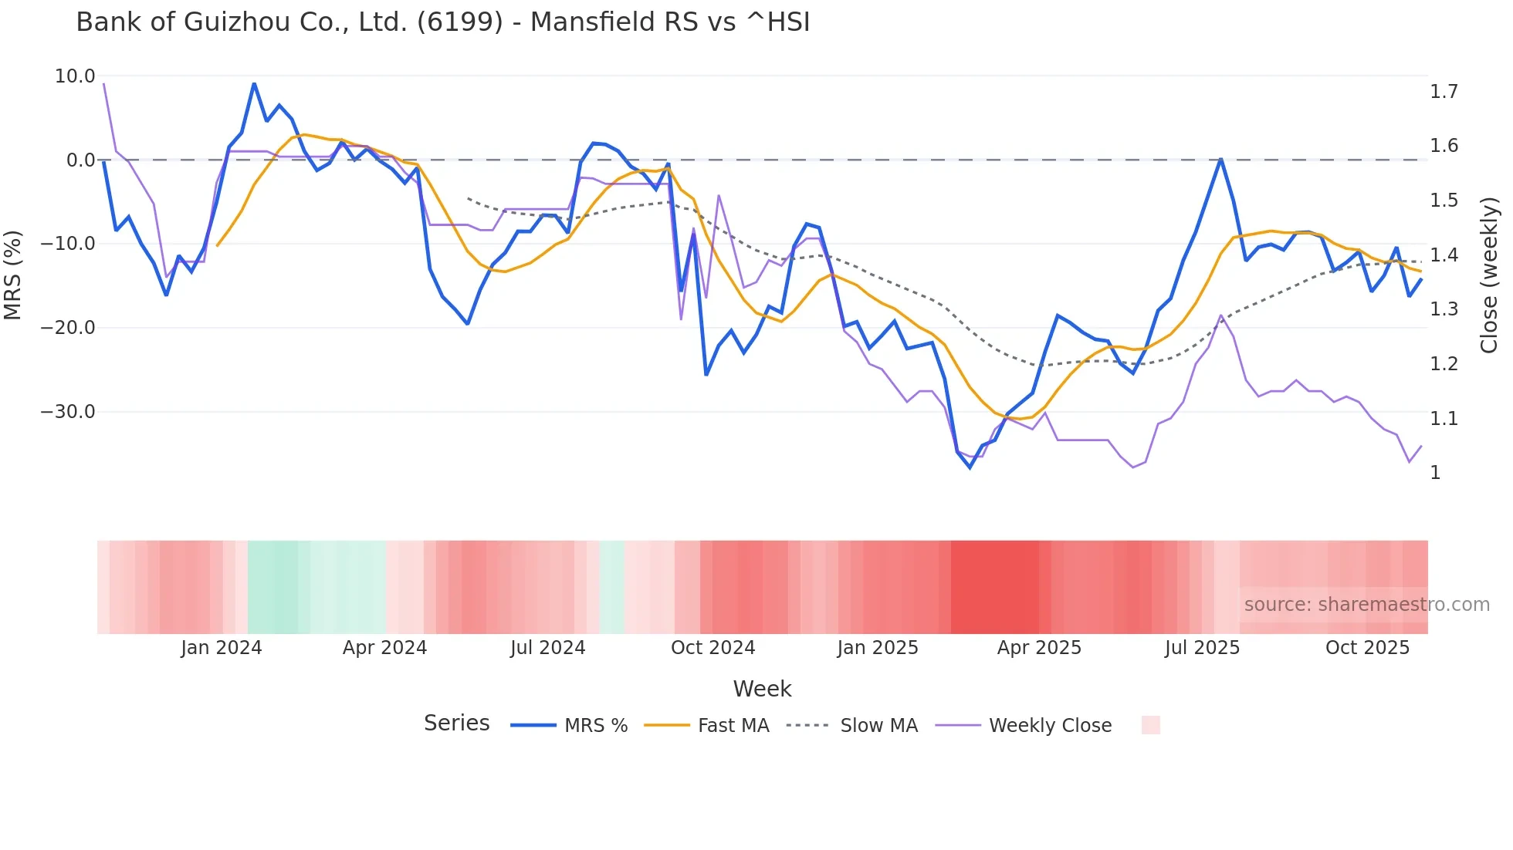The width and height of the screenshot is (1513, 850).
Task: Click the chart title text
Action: click(442, 22)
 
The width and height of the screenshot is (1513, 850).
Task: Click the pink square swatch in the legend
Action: click(1150, 725)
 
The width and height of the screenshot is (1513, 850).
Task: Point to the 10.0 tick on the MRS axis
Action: click(75, 76)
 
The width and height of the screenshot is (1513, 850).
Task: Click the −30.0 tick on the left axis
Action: click(68, 412)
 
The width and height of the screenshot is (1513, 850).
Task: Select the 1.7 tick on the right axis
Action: click(1444, 92)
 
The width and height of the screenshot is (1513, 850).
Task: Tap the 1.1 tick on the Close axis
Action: click(1444, 419)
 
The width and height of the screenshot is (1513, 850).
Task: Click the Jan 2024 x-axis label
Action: click(222, 648)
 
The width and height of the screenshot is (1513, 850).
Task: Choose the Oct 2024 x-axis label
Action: click(712, 648)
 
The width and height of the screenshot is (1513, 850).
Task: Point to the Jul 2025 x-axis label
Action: click(1202, 648)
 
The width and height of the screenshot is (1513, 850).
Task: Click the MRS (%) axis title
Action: click(13, 275)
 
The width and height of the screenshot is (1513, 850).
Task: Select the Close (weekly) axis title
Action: click(1489, 275)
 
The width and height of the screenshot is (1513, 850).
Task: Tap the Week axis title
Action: click(762, 689)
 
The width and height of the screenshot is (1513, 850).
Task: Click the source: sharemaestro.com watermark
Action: click(1366, 605)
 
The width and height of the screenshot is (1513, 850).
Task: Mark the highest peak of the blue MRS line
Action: click(254, 83)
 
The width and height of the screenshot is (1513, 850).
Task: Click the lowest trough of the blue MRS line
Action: click(970, 467)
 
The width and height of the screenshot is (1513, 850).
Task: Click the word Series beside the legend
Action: click(456, 724)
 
